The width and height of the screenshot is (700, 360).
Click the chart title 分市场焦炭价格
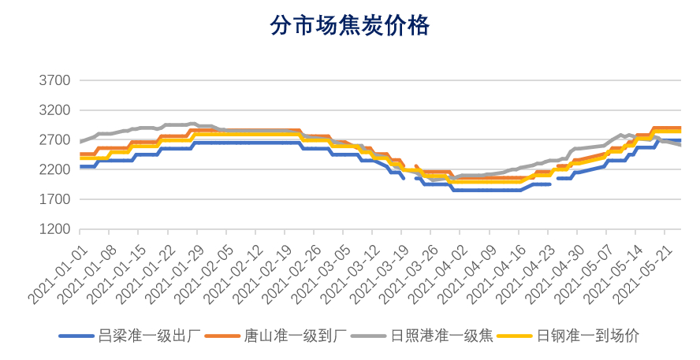(x=349, y=26)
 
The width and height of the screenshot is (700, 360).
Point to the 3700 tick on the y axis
(x=54, y=80)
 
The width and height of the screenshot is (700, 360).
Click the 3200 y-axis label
(x=54, y=110)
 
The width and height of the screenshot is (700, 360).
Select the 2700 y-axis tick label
(x=54, y=140)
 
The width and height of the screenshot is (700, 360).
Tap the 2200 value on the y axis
(x=54, y=170)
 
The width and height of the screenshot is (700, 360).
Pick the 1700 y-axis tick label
(x=54, y=200)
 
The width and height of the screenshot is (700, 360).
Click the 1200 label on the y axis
(x=54, y=230)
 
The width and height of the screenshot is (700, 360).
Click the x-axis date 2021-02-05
(x=203, y=273)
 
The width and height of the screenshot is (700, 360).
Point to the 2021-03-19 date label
(x=379, y=273)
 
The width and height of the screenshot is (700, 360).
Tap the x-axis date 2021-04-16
(x=496, y=273)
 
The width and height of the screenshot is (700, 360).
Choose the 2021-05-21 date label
(x=642, y=273)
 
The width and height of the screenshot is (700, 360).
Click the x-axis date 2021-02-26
(x=292, y=273)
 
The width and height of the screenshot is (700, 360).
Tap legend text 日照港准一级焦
(x=441, y=336)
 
